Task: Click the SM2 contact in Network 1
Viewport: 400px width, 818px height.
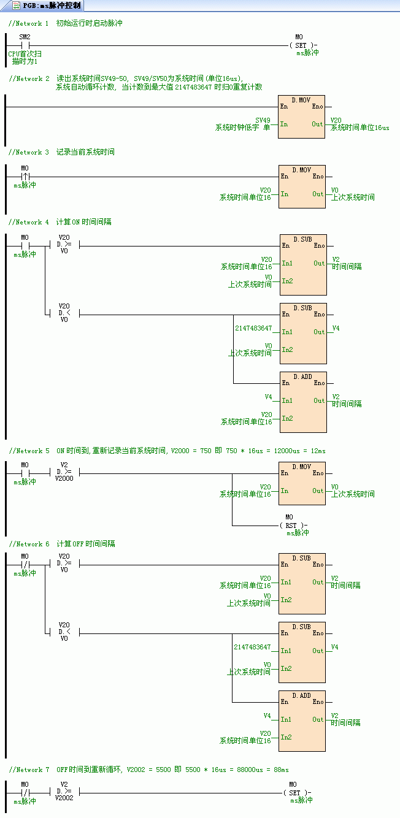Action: [x=25, y=45]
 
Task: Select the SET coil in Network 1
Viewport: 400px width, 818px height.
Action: [x=299, y=45]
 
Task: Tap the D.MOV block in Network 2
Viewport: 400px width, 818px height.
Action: [x=301, y=117]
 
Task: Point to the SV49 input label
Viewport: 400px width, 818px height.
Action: [x=263, y=120]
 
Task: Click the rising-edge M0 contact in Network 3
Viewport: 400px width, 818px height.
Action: [x=25, y=177]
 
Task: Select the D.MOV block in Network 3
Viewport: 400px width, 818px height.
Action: [x=302, y=186]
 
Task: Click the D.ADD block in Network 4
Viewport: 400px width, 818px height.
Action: [x=303, y=402]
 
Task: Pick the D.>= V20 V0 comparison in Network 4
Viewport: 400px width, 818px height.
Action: [x=64, y=246]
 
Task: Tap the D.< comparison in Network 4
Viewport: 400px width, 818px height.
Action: [x=64, y=315]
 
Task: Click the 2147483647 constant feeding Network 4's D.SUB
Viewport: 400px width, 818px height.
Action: [x=253, y=329]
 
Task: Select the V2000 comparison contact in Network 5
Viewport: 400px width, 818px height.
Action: [x=64, y=473]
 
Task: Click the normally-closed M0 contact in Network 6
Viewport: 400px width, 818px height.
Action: [x=25, y=564]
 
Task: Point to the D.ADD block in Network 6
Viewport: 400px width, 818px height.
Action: [x=302, y=721]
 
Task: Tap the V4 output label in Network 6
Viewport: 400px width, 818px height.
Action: [x=334, y=647]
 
